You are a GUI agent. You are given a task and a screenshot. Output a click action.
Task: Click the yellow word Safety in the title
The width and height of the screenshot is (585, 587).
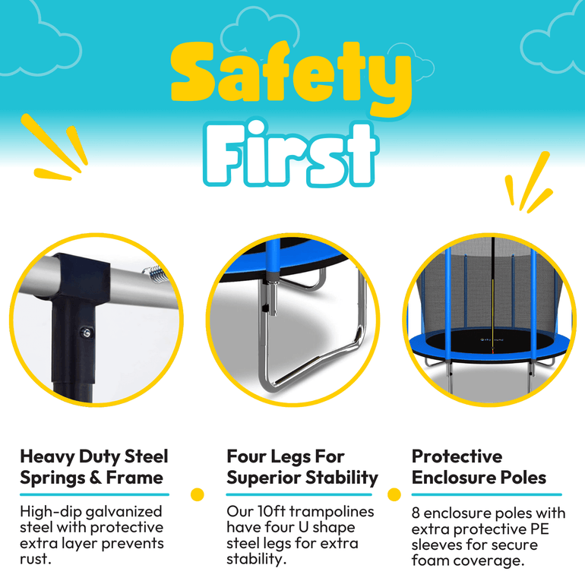(x=292, y=77)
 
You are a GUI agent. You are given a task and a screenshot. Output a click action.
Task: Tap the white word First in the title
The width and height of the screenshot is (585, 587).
(x=289, y=154)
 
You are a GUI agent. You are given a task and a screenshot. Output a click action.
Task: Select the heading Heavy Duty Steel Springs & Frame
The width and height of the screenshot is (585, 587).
(x=94, y=467)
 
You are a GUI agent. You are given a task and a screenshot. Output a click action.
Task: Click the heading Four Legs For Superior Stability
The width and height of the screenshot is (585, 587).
(x=302, y=467)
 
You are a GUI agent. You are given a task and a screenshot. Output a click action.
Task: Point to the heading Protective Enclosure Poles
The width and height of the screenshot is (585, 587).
(x=479, y=467)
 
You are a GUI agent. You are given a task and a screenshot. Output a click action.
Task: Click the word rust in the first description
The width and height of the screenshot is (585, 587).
(x=34, y=559)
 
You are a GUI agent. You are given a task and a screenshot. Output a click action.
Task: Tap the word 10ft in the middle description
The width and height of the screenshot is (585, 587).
(x=272, y=511)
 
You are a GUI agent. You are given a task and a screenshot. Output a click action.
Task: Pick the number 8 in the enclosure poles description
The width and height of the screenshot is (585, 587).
(x=416, y=513)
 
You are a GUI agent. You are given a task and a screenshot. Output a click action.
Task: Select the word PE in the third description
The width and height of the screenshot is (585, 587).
(x=539, y=529)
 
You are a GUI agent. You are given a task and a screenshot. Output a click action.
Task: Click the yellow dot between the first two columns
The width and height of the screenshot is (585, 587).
(x=197, y=494)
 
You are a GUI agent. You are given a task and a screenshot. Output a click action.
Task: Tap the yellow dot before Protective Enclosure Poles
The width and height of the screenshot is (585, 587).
(x=394, y=494)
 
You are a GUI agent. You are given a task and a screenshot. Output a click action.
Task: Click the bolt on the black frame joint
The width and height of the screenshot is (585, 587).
(x=87, y=332)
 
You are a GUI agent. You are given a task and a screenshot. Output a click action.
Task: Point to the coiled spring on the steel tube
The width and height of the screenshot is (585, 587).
(x=153, y=273)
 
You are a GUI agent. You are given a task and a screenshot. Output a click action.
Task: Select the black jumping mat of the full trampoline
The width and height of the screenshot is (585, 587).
(x=491, y=341)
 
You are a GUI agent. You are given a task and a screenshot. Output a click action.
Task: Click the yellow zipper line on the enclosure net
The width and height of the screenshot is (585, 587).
(x=493, y=314)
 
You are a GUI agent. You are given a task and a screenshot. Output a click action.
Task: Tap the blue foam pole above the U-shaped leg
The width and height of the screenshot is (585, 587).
(x=273, y=257)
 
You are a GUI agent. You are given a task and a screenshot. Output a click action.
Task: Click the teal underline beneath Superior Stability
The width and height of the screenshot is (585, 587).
(x=299, y=494)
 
